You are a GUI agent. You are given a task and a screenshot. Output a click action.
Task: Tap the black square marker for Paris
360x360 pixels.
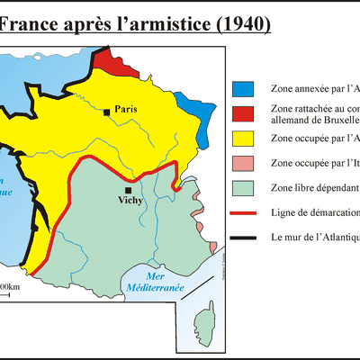[107, 112]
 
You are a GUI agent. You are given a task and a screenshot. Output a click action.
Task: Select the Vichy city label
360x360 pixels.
[129, 203]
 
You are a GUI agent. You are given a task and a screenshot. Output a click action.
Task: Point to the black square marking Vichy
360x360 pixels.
[129, 191]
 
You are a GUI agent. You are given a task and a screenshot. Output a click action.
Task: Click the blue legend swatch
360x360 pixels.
[243, 90]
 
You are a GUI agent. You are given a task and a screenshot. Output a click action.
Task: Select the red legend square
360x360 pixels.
[243, 114]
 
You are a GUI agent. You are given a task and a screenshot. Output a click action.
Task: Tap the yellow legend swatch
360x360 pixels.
[243, 139]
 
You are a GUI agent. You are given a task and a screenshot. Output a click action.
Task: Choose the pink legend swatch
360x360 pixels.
[243, 164]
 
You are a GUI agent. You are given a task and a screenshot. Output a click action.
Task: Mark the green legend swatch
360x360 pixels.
[243, 188]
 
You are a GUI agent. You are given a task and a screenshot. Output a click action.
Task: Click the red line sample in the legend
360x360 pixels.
[243, 214]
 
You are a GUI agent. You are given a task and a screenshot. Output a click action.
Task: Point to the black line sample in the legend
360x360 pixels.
[243, 238]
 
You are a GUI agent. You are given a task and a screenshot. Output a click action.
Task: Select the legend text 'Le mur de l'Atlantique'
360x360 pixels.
[314, 238]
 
